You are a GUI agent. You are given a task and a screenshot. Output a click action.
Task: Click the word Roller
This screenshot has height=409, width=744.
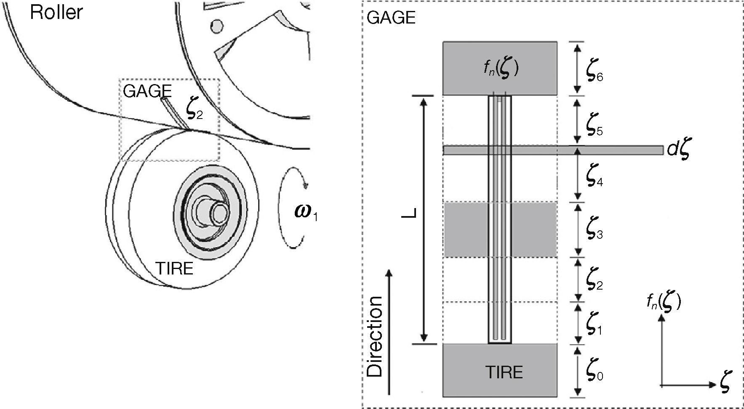tap(56, 13)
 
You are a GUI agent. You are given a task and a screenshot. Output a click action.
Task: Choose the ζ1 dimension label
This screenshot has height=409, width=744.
tap(593, 325)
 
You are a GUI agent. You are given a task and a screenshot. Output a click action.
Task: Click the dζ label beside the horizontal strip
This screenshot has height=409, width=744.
tap(678, 150)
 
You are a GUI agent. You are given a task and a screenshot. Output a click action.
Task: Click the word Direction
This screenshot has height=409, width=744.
tap(374, 336)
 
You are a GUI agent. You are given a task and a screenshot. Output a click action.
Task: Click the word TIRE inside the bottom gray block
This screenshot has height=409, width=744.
tap(504, 372)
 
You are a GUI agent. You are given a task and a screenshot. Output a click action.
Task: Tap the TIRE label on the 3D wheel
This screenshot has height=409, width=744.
tap(174, 268)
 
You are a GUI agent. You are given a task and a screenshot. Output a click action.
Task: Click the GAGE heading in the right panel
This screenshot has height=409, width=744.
tap(391, 18)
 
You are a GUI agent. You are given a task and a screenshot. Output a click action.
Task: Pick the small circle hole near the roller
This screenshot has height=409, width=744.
tap(217, 26)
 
